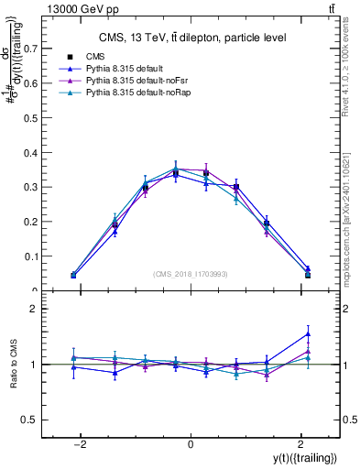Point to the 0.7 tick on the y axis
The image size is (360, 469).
[37, 45]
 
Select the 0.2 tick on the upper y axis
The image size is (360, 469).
[37, 222]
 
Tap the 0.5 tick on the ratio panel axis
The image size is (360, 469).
[37, 420]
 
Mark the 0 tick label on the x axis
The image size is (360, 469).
[191, 443]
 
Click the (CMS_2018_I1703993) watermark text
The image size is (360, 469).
[190, 275]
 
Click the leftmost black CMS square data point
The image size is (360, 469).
[73, 275]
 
